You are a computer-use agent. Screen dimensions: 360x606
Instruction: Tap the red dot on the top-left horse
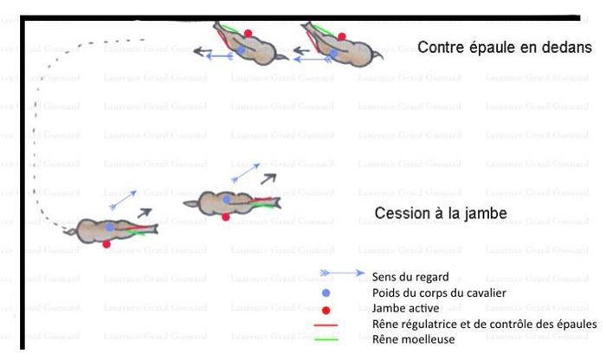click(x=248, y=34)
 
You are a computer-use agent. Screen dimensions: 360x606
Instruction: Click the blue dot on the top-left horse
click(x=242, y=52)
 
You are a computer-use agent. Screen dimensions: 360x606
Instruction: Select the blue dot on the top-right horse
click(x=334, y=53)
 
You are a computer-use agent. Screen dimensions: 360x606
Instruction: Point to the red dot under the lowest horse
click(x=106, y=245)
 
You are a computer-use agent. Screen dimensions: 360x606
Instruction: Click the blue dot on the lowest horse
click(x=109, y=228)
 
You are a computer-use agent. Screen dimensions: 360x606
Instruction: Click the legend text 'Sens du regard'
click(x=409, y=277)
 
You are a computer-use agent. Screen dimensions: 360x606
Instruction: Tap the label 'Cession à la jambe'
click(x=441, y=212)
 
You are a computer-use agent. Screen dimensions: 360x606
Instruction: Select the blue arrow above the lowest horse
click(x=124, y=200)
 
